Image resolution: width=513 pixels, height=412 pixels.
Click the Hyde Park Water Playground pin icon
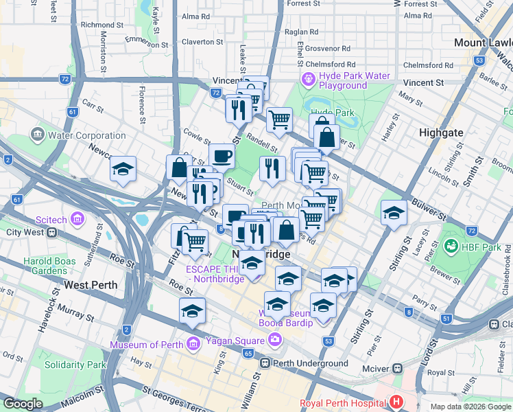click(308, 80)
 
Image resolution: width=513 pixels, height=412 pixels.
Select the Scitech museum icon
click(77, 219)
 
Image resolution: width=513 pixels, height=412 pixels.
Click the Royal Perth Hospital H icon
click(396, 402)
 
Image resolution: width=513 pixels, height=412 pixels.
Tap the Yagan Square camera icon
click(275, 340)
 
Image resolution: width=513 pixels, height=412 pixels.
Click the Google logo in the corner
click(23, 404)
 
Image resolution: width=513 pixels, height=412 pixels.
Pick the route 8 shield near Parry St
click(409, 312)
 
